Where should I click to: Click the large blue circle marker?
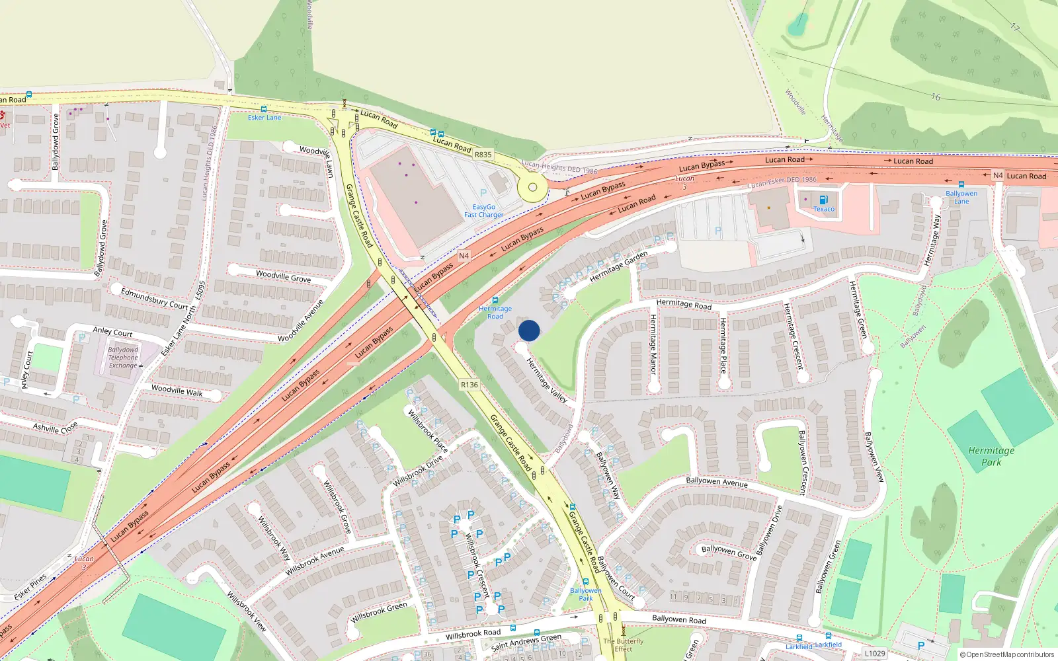point(529,330)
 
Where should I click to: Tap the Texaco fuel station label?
point(824,209)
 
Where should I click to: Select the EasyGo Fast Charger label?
point(483,211)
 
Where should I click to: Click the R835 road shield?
point(483,155)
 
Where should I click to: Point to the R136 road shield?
point(469,385)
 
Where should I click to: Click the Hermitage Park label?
point(991,456)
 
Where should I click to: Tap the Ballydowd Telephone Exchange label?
point(123,358)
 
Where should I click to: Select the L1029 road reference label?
point(875,653)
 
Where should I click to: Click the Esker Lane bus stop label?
point(264,118)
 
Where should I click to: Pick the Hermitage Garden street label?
point(618,266)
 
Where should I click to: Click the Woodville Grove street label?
point(283,276)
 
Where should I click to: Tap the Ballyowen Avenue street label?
point(717,482)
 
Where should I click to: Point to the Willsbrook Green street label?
point(379,613)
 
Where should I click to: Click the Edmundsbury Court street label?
point(155,299)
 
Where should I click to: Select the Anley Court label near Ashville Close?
point(26,370)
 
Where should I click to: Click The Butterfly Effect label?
point(623,645)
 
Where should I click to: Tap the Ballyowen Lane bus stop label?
point(961,198)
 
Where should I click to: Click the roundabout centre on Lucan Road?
point(532,188)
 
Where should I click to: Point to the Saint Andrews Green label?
point(526,642)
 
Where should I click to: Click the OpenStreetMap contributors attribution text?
point(1006,654)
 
